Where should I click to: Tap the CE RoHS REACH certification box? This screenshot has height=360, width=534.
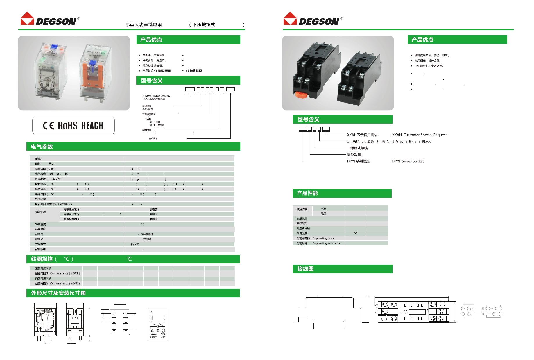click(x=73, y=125)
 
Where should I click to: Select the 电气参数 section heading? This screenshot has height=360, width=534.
click(x=42, y=147)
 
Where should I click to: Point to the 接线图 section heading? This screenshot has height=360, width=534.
click(x=305, y=269)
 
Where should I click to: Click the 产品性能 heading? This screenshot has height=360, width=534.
click(x=307, y=193)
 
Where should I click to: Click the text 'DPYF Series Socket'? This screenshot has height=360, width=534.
click(x=408, y=161)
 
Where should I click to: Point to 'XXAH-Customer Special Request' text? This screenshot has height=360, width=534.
click(x=419, y=135)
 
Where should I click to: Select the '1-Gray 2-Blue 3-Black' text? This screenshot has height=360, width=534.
click(x=411, y=142)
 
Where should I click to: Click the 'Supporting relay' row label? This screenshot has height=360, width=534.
click(x=323, y=238)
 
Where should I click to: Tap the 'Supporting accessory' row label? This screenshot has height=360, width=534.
click(x=326, y=243)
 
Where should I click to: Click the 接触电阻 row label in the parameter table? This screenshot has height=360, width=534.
click(x=45, y=169)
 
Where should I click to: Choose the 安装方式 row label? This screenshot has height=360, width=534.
click(x=40, y=244)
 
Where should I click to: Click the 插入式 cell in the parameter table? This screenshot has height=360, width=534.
click(x=135, y=244)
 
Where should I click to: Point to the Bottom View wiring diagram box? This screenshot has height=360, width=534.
click(x=158, y=324)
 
